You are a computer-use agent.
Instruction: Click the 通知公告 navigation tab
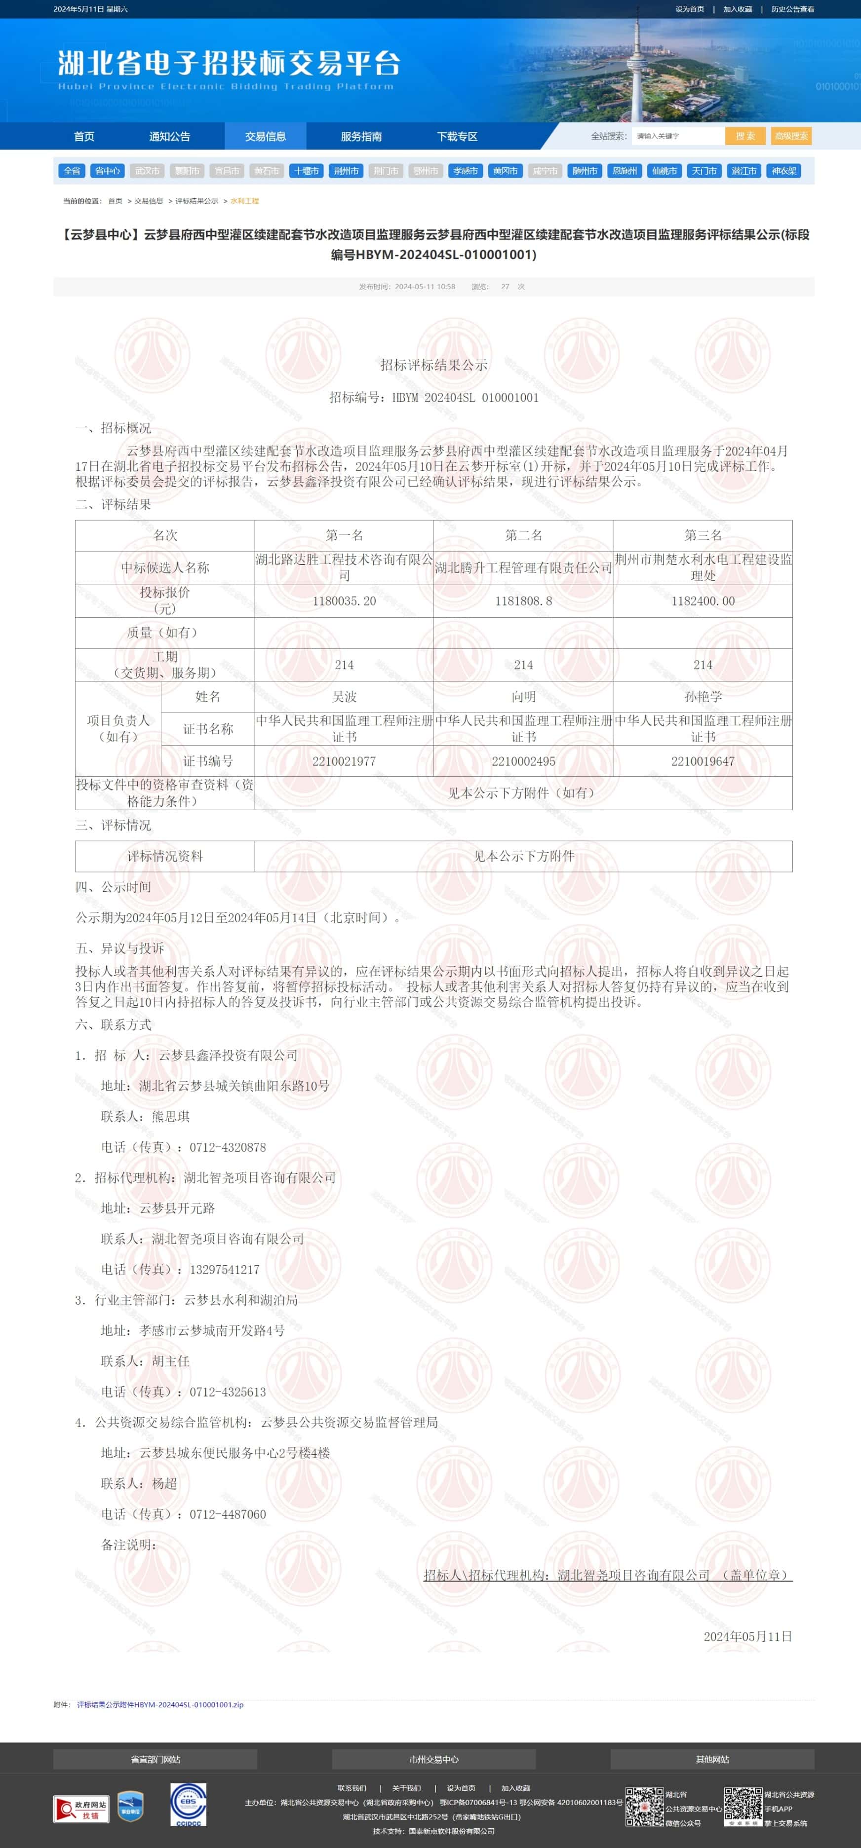pyautogui.click(x=169, y=136)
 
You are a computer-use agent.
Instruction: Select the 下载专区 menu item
pyautogui.click(x=457, y=136)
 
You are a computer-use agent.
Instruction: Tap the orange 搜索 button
pyautogui.click(x=745, y=136)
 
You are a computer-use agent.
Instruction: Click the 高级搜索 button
pyautogui.click(x=791, y=136)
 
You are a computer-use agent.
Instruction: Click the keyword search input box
pyautogui.click(x=677, y=136)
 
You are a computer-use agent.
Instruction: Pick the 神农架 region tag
pyautogui.click(x=783, y=171)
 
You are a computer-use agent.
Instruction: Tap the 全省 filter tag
pyautogui.click(x=72, y=171)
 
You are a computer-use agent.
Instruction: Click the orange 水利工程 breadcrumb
pyautogui.click(x=245, y=201)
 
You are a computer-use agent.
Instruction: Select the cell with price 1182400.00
pyautogui.click(x=703, y=601)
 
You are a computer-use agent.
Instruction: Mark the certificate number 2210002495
pyautogui.click(x=523, y=761)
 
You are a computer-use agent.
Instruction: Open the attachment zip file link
pyautogui.click(x=160, y=1704)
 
